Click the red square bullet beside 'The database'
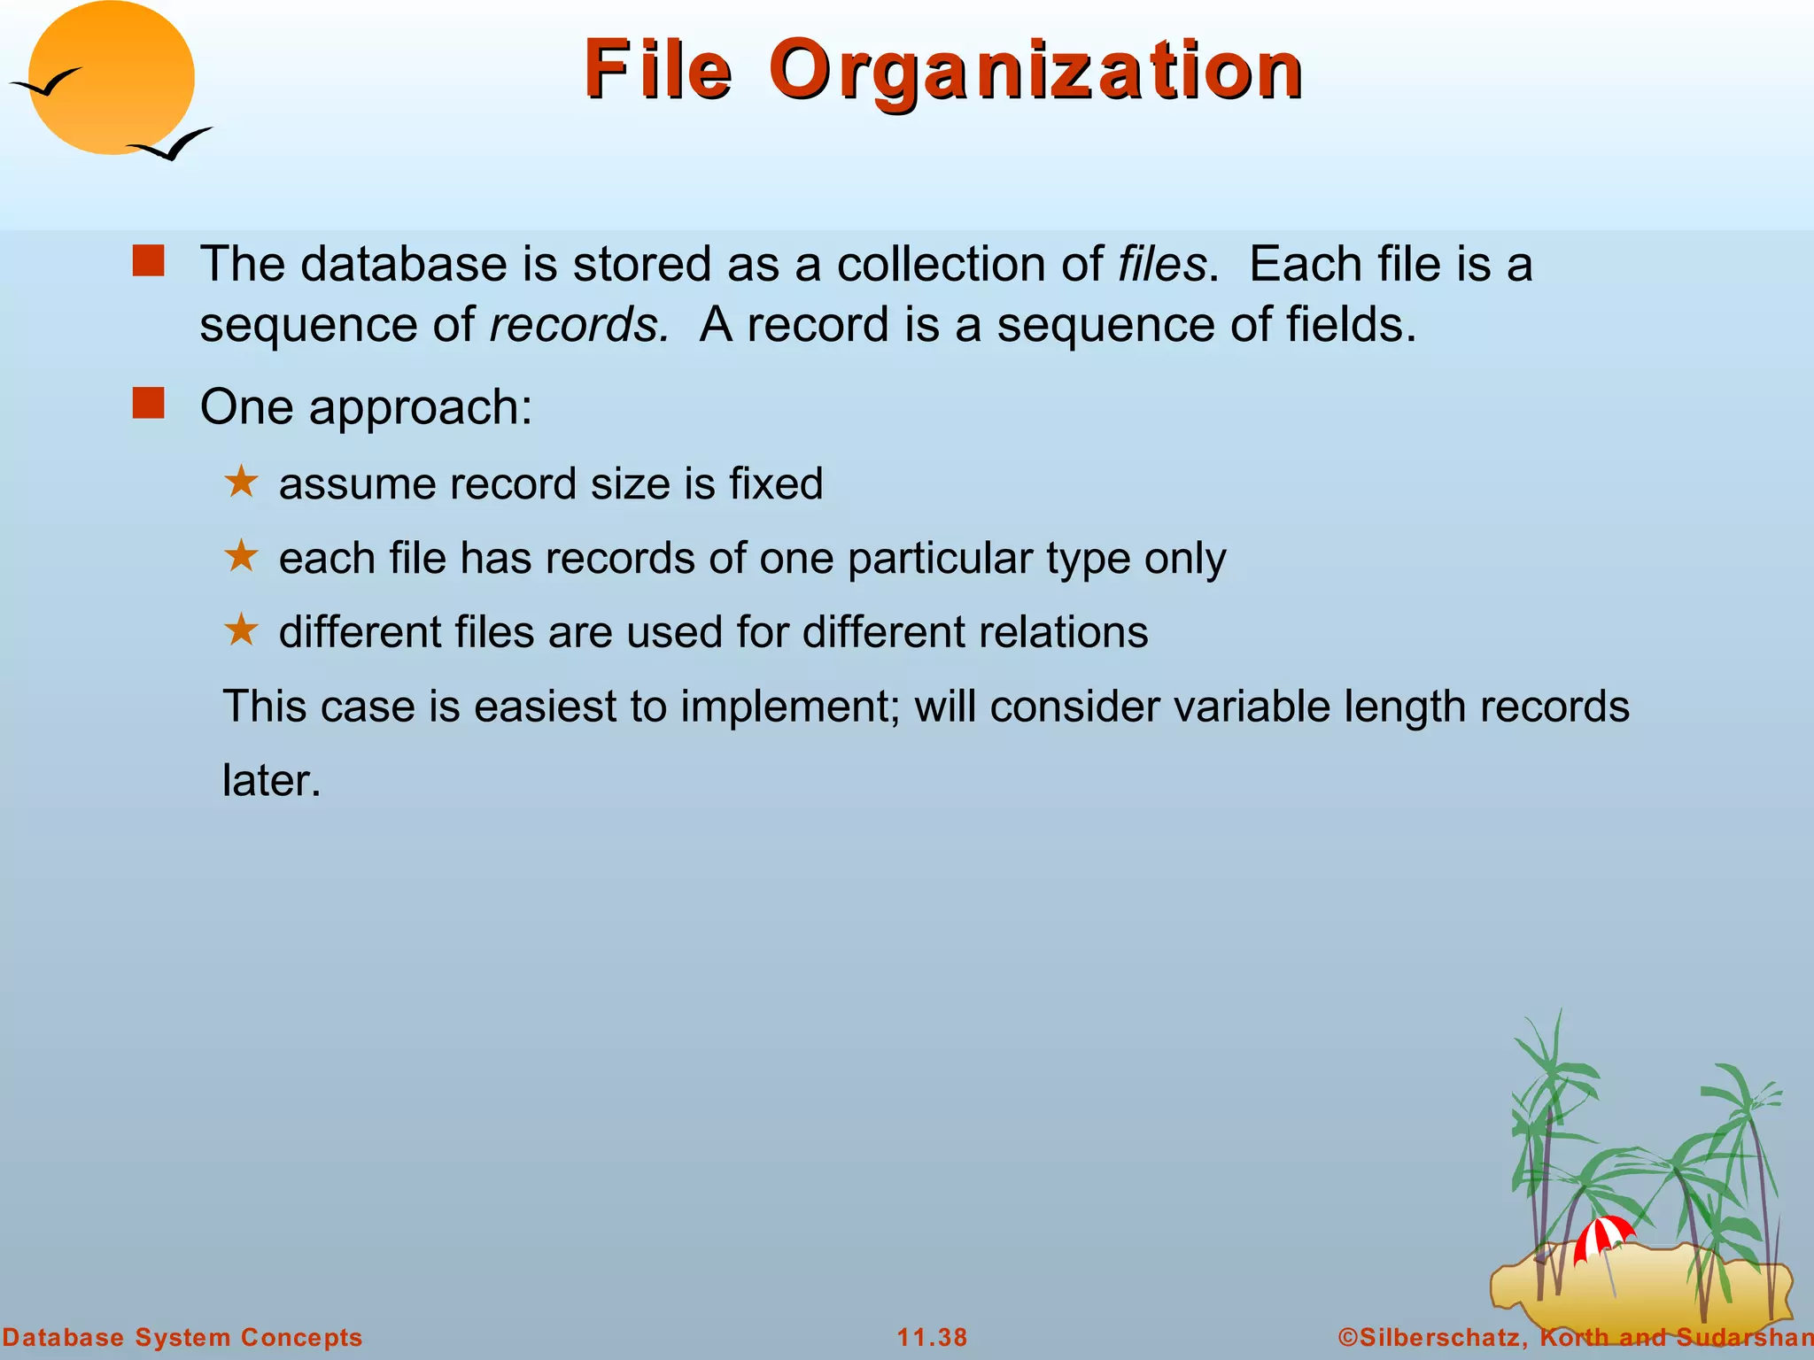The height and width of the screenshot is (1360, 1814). tap(148, 261)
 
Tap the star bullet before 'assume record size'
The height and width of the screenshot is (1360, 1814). tap(241, 483)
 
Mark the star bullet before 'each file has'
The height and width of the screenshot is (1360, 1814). tap(241, 557)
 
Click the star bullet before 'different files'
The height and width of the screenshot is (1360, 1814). tap(241, 630)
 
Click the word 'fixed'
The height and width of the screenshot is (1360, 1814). tap(776, 483)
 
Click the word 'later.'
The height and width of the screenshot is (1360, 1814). tap(271, 781)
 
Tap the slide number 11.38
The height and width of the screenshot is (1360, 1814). tap(932, 1337)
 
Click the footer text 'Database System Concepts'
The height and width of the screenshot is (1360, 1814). tap(182, 1337)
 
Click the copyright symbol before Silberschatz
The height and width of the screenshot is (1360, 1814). tap(1347, 1337)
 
